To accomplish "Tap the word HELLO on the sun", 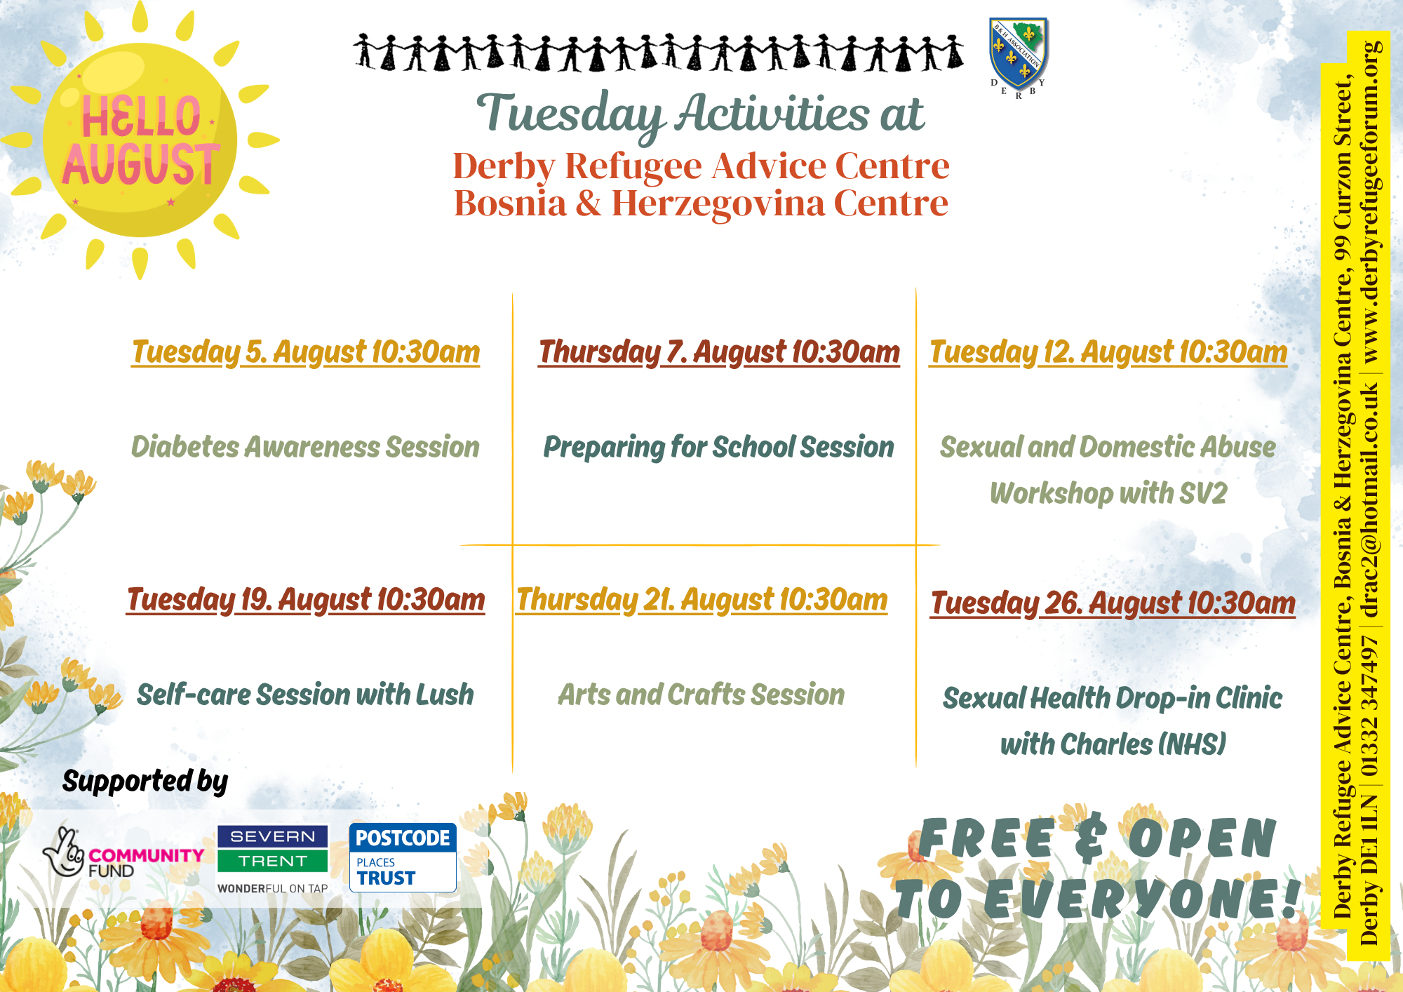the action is [x=141, y=116].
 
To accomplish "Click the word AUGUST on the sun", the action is [x=141, y=164].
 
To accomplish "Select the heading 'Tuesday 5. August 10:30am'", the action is [x=306, y=353].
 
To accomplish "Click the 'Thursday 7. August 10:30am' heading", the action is [x=719, y=353].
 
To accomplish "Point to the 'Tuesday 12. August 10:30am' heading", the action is [x=1108, y=353].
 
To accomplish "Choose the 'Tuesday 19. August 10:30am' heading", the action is [x=306, y=601].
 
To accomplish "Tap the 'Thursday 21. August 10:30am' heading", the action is [x=701, y=601].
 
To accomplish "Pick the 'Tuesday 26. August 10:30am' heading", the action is [x=1113, y=603].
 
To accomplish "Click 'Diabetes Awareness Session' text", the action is [x=305, y=447].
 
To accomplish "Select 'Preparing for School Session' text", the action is [x=718, y=448].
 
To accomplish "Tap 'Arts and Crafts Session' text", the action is [x=701, y=695].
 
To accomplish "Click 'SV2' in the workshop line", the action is [x=1204, y=493].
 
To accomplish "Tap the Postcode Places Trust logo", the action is [x=403, y=857].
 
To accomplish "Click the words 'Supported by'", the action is [x=145, y=782].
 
